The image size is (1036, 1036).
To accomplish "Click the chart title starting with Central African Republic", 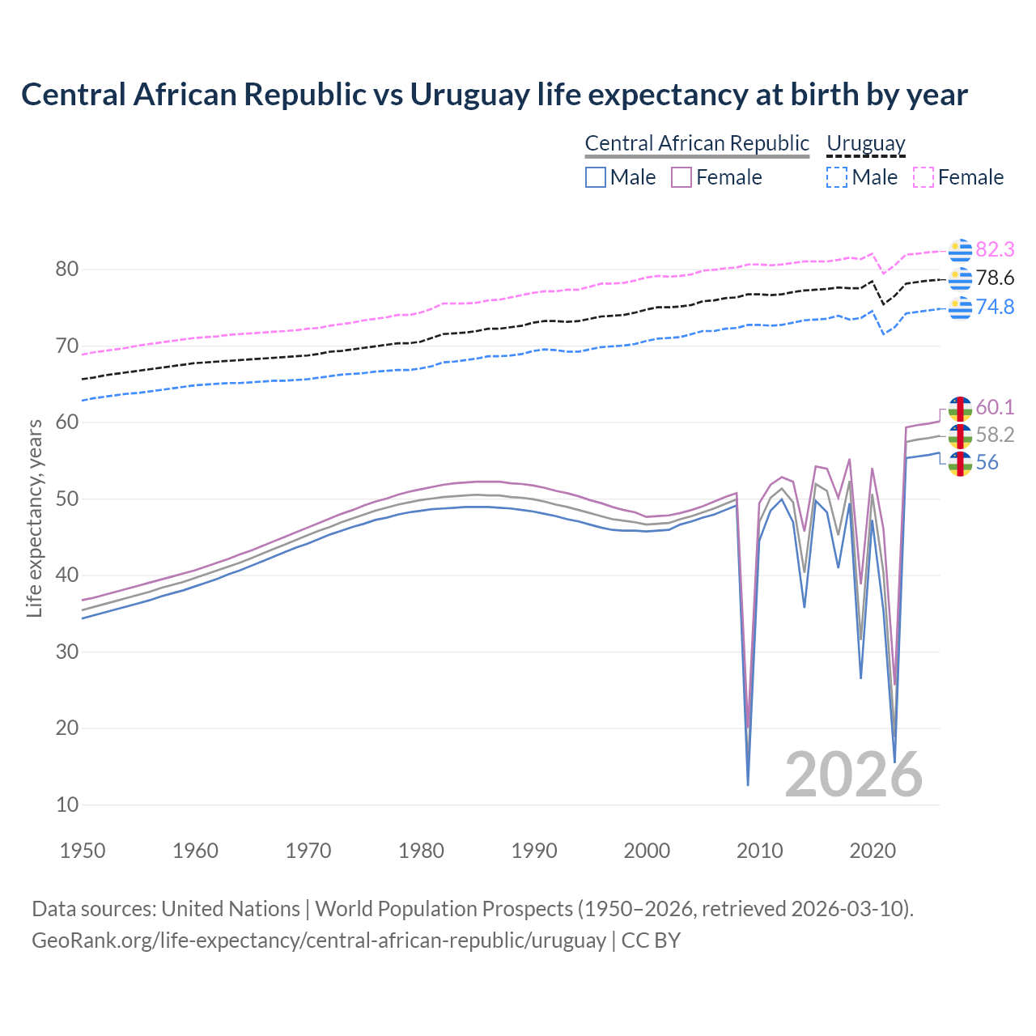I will [x=494, y=95].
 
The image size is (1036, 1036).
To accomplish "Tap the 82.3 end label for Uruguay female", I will [x=995, y=249].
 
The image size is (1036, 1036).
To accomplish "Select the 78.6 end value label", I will [x=995, y=278].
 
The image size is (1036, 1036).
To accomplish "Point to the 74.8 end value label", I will [x=995, y=308].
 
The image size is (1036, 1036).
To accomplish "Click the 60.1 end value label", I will [x=995, y=407].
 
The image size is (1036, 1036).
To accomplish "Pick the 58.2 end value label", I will [x=995, y=435].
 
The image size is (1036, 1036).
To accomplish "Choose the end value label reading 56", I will [x=987, y=463].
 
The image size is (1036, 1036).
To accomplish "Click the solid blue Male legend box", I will [x=596, y=177].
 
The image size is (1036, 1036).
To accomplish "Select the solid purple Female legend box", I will [x=681, y=177].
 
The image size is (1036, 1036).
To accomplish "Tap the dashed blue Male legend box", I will [x=837, y=177].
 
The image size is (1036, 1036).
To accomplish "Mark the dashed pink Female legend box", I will [x=923, y=177].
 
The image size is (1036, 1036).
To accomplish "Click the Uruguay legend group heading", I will [x=865, y=144].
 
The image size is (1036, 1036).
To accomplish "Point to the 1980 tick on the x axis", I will [x=421, y=851].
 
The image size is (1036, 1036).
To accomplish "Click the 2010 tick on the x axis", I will [x=759, y=851].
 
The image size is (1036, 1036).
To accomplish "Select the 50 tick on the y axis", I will [x=67, y=499].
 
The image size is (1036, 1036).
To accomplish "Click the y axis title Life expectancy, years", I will [x=35, y=518].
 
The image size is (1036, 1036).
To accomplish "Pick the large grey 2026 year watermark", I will [x=853, y=775].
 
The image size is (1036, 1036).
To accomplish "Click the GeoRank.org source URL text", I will [x=319, y=940].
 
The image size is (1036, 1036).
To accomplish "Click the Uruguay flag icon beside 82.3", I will [x=960, y=250].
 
